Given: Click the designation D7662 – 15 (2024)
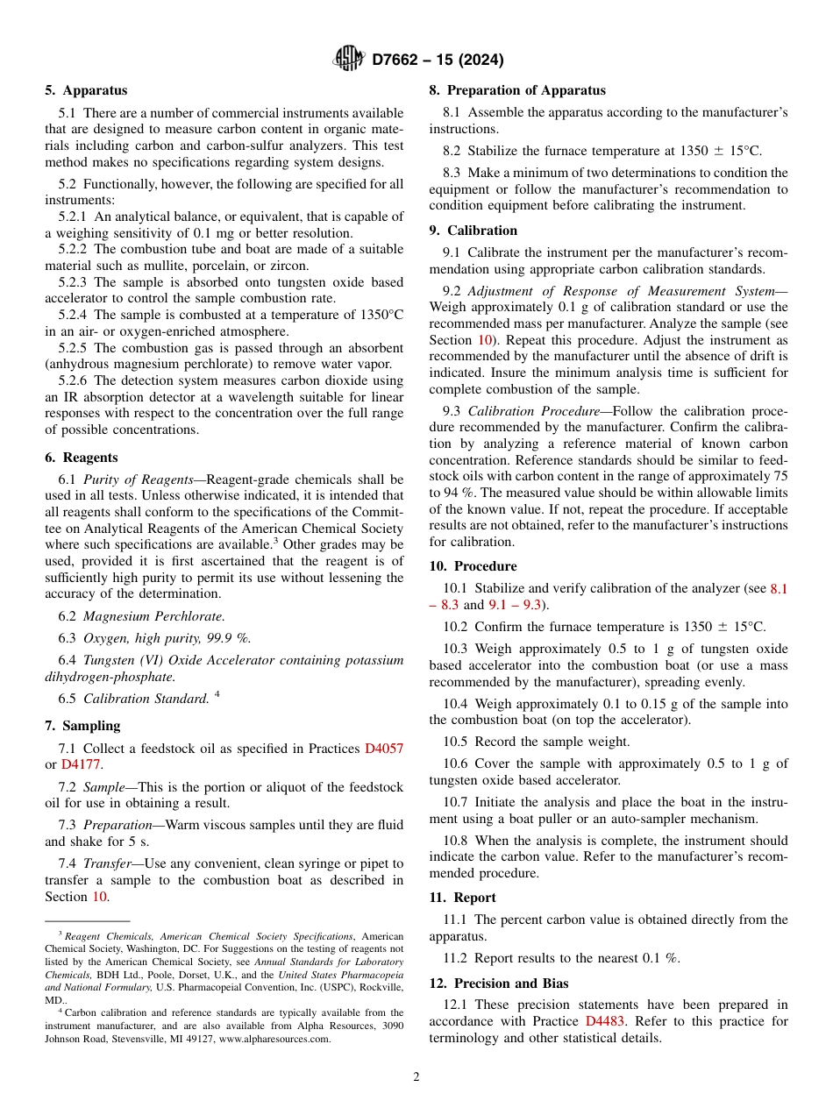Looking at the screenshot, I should (x=438, y=60).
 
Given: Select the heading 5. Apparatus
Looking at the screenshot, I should (x=86, y=90).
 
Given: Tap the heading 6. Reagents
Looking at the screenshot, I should (x=82, y=458).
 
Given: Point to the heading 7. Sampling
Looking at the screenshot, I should (x=82, y=726).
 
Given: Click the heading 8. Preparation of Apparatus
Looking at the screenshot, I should (x=517, y=90).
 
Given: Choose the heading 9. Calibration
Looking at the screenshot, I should (x=473, y=231).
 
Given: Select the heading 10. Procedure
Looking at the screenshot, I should (x=473, y=566).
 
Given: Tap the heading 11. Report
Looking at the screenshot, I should (x=462, y=898).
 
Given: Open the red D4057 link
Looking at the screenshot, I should (x=384, y=749).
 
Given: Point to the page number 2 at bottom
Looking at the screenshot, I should (x=416, y=1077).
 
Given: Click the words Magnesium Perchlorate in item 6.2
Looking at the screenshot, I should (x=153, y=616).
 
